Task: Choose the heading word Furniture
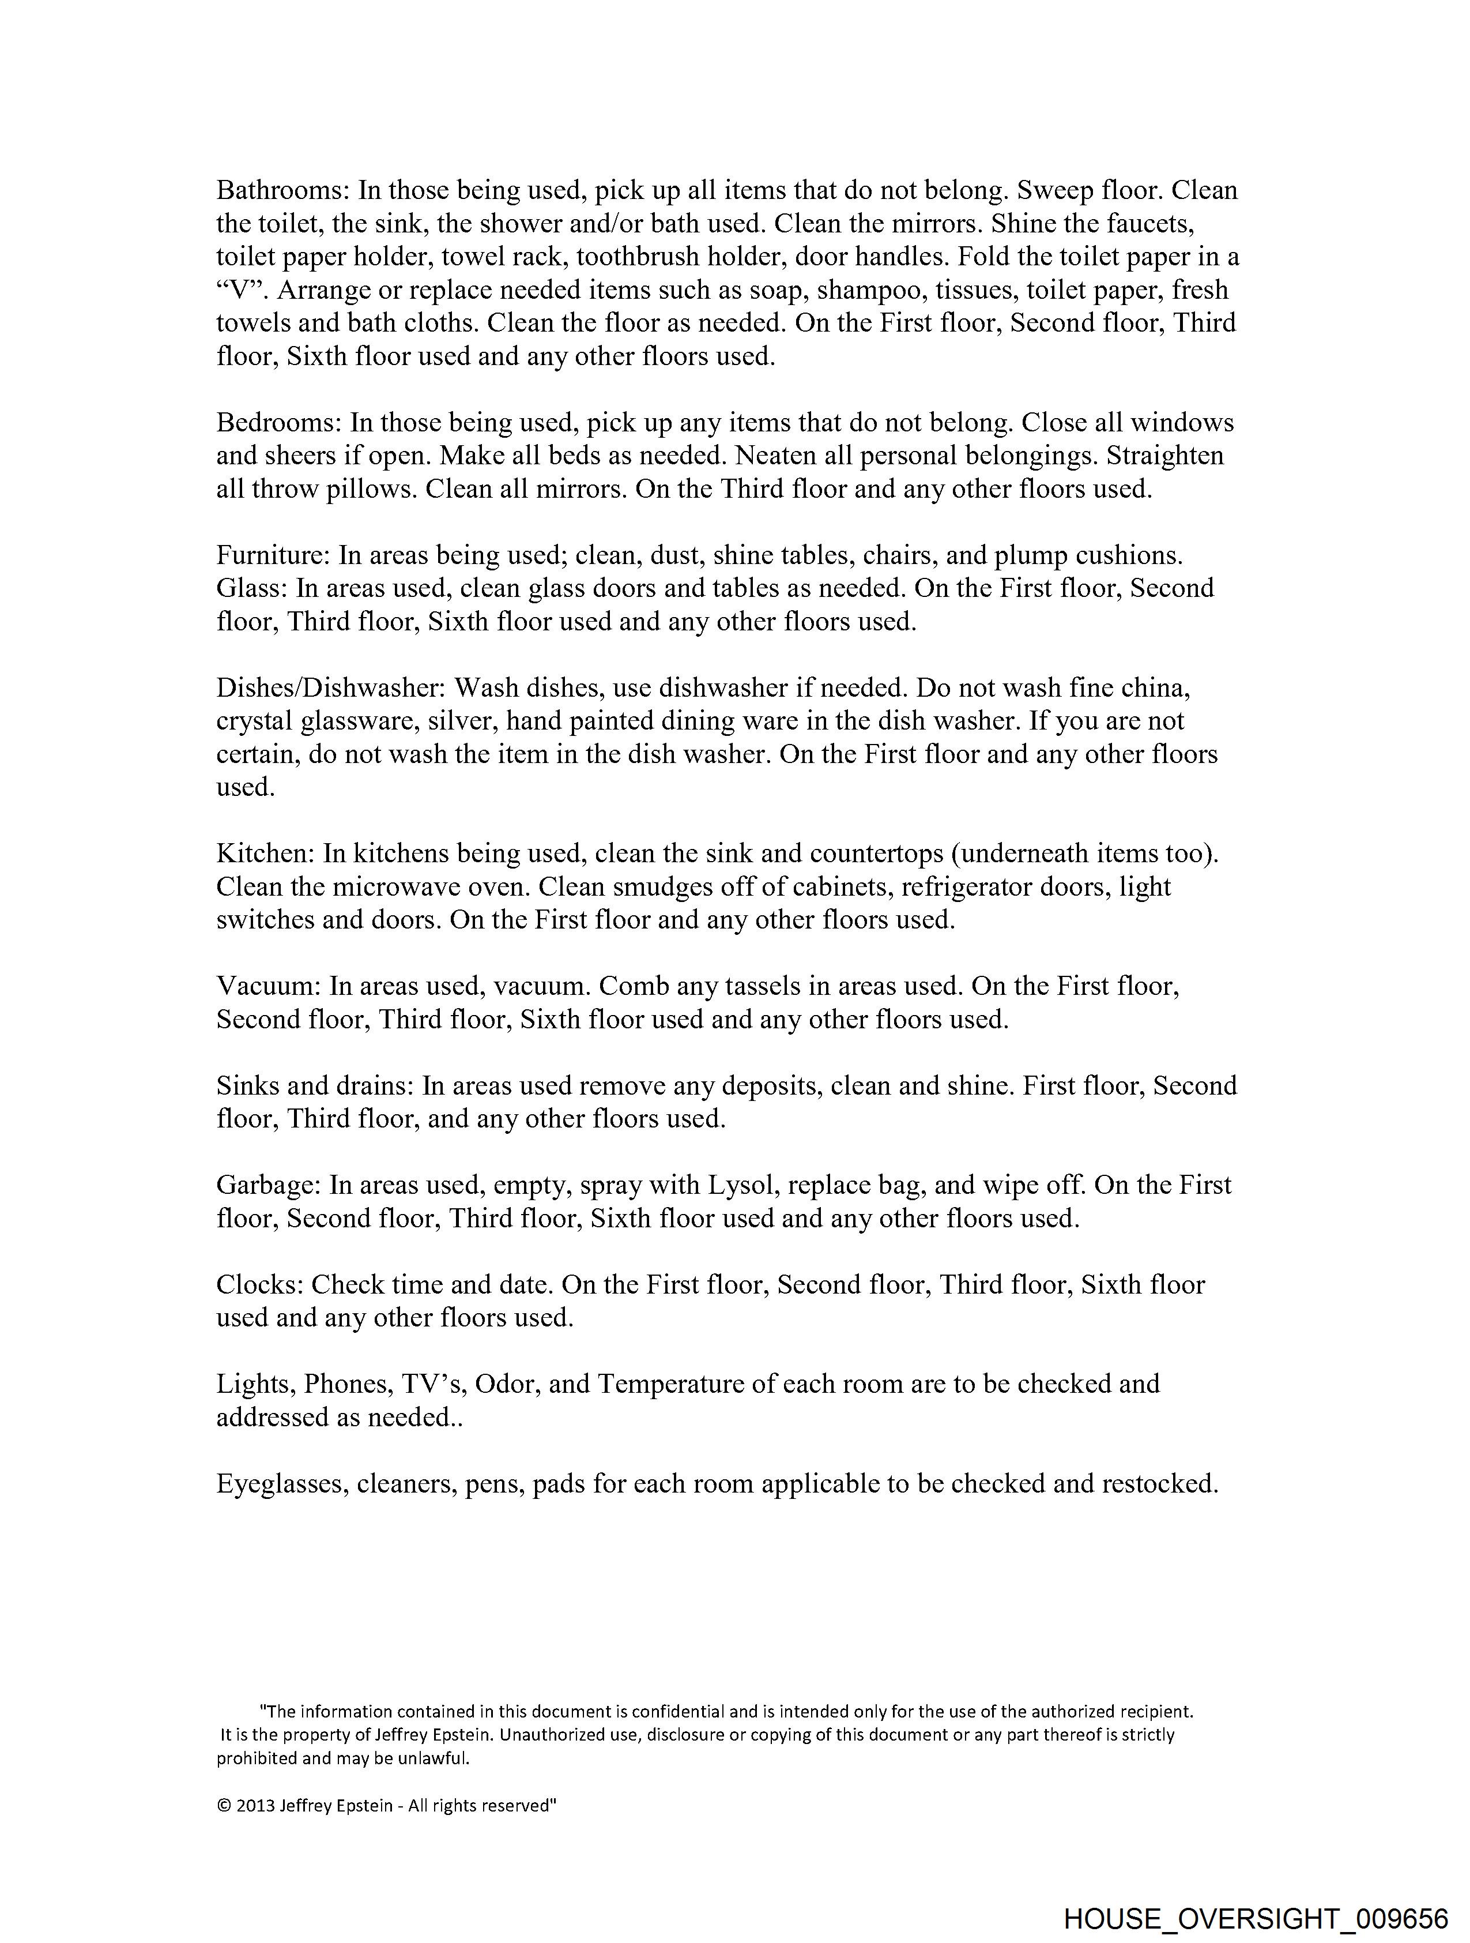point(272,555)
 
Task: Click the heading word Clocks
point(259,1284)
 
